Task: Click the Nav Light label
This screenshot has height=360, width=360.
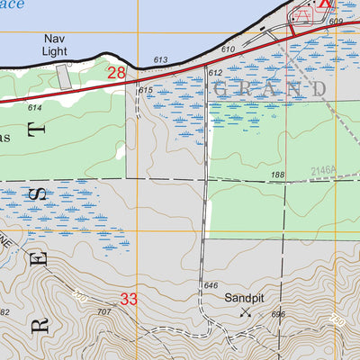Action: [x=55, y=46]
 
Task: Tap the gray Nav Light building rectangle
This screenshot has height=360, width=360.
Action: [x=63, y=76]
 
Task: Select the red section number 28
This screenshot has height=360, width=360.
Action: [x=117, y=73]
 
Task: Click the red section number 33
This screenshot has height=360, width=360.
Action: [x=129, y=299]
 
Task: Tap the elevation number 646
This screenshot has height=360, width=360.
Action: [x=211, y=285]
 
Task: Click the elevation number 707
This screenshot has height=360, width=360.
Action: [x=104, y=311]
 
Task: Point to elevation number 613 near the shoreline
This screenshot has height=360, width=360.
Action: [x=160, y=59]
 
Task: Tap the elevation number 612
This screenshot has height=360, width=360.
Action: [x=215, y=72]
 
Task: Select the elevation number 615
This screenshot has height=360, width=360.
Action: [x=146, y=90]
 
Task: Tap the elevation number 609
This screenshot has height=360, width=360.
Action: [x=336, y=22]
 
